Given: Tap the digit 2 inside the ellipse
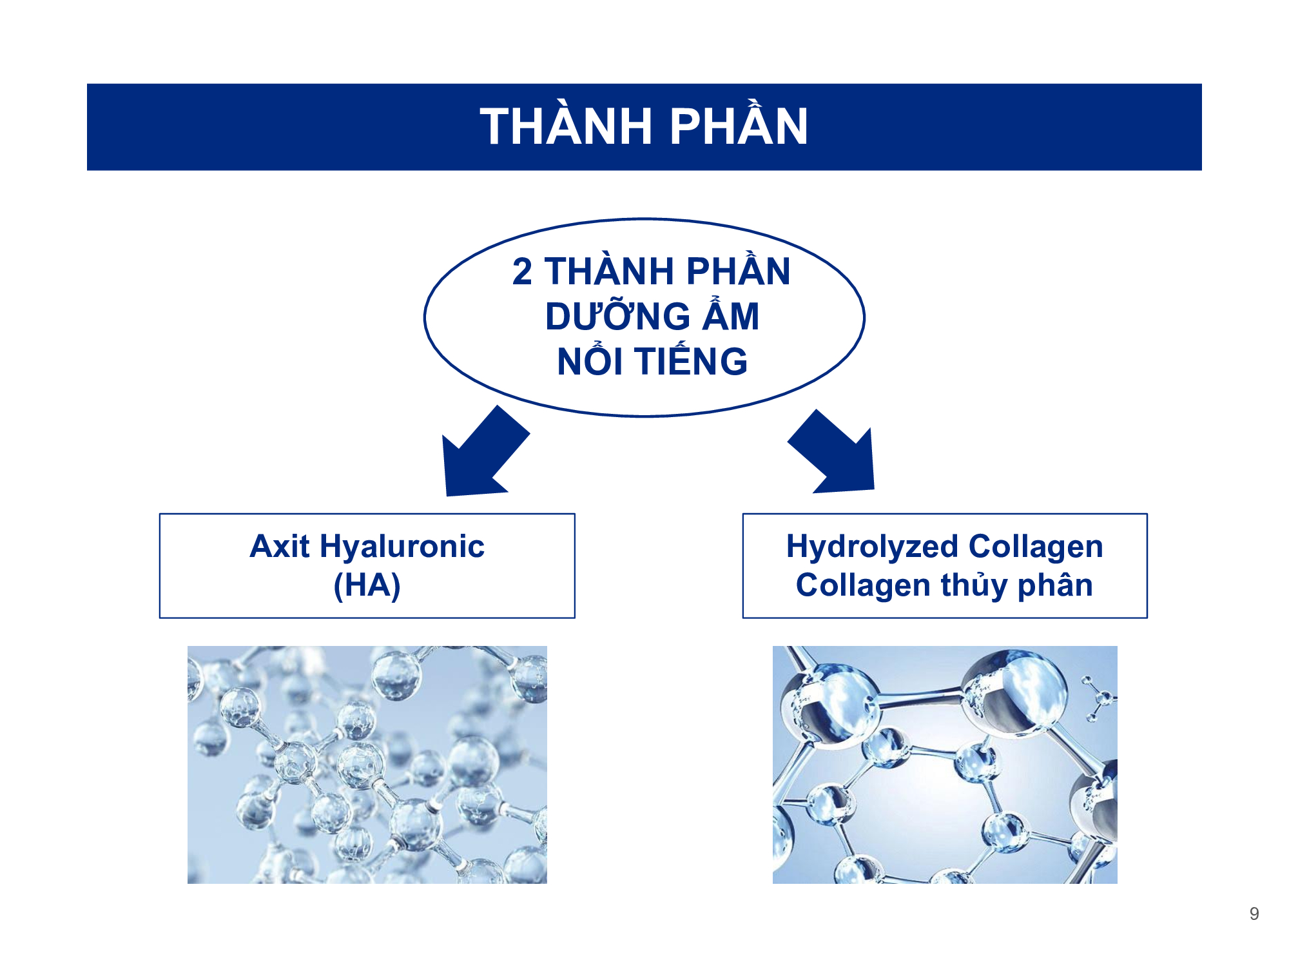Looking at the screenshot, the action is pyautogui.click(x=523, y=271).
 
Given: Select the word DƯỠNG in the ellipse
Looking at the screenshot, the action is pyautogui.click(x=618, y=316).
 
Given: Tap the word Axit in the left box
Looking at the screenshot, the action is pyautogui.click(x=280, y=546).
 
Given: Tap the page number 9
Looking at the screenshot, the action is pyautogui.click(x=1254, y=913).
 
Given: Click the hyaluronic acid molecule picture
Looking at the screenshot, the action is pyautogui.click(x=367, y=765).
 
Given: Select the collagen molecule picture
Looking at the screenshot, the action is pyautogui.click(x=945, y=765).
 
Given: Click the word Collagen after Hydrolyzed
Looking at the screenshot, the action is pyautogui.click(x=1036, y=547).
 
